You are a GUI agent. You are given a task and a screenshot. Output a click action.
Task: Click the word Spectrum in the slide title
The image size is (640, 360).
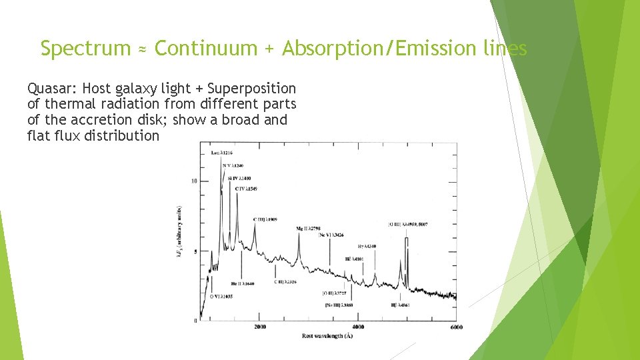tap(85, 49)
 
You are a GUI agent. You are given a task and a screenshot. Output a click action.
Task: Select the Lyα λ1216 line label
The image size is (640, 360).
tap(222, 154)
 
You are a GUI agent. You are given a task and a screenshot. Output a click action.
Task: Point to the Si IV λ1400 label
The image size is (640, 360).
tap(241, 178)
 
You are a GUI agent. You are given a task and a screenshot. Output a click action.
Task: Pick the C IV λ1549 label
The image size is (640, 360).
tap(246, 189)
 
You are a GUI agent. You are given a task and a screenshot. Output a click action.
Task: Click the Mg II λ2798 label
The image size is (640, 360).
tap(309, 228)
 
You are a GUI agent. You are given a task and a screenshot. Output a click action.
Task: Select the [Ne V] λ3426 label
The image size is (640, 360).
tap(331, 235)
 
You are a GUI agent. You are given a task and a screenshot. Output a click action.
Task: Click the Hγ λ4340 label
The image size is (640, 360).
tap(367, 247)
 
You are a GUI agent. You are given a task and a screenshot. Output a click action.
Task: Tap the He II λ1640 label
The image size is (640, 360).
tap(243, 284)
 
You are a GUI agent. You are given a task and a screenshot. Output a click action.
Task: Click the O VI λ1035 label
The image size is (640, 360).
tap(221, 296)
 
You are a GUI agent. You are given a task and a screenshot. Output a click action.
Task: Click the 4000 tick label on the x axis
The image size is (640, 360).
tap(358, 327)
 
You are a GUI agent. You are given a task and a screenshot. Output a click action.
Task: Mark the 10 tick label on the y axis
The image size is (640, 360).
tap(194, 181)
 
